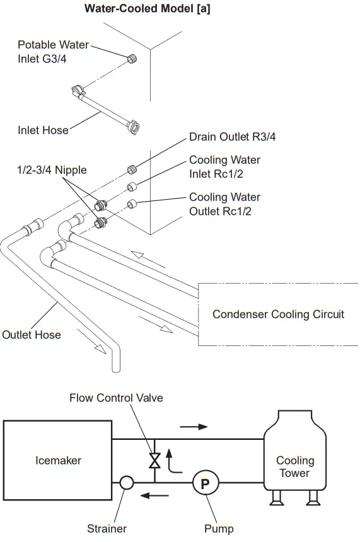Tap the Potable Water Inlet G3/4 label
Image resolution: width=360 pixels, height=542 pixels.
[x=53, y=52]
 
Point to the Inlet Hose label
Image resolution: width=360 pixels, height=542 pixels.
[x=43, y=130]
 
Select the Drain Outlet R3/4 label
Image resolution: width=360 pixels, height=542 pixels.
[x=232, y=137]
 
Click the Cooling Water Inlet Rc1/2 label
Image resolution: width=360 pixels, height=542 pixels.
[x=224, y=167]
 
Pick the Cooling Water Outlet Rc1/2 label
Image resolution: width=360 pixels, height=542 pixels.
[x=224, y=204]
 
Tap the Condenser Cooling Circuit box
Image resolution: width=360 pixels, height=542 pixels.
[x=278, y=314]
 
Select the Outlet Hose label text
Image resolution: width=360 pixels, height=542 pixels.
[x=32, y=335]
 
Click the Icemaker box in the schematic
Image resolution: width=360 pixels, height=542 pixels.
[x=58, y=461]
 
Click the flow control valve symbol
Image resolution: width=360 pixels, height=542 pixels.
[x=153, y=461]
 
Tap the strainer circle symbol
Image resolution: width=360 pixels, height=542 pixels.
[x=125, y=483]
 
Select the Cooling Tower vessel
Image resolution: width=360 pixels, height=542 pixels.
[x=294, y=460]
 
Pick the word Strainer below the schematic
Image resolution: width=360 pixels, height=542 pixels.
[x=107, y=529]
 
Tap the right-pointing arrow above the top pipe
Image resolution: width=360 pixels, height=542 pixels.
[x=193, y=427]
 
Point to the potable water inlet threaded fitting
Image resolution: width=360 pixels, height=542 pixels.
[x=131, y=59]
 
